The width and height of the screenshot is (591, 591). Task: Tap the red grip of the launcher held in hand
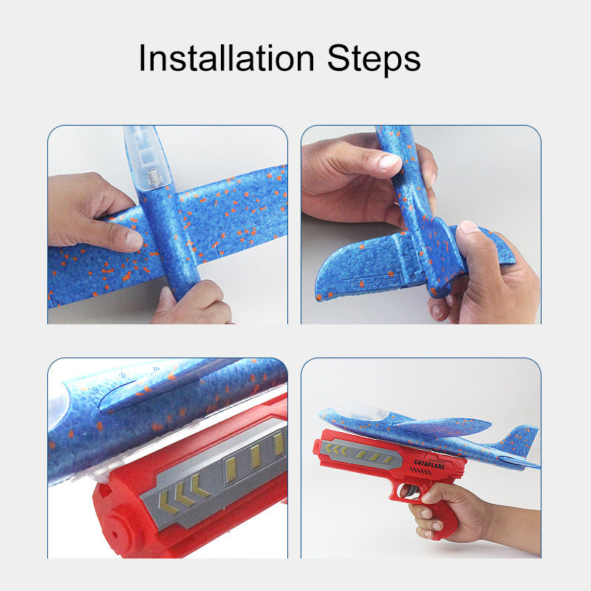[436, 510]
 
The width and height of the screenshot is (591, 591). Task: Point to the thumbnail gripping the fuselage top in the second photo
[389, 163]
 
